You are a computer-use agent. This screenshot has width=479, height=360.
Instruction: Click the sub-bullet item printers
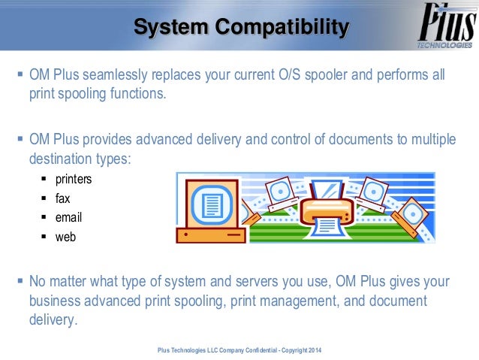coord(74,180)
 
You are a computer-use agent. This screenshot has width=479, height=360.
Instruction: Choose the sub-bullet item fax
coord(62,199)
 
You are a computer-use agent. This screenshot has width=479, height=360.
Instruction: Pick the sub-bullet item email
coord(68,218)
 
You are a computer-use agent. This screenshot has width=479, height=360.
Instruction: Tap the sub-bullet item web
coord(65,237)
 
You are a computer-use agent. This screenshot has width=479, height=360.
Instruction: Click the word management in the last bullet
coord(318,301)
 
